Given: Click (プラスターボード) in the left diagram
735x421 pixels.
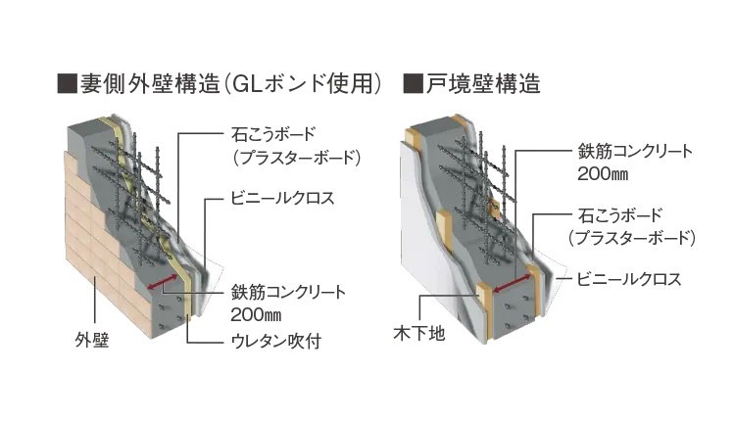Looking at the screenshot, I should click(285, 156).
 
